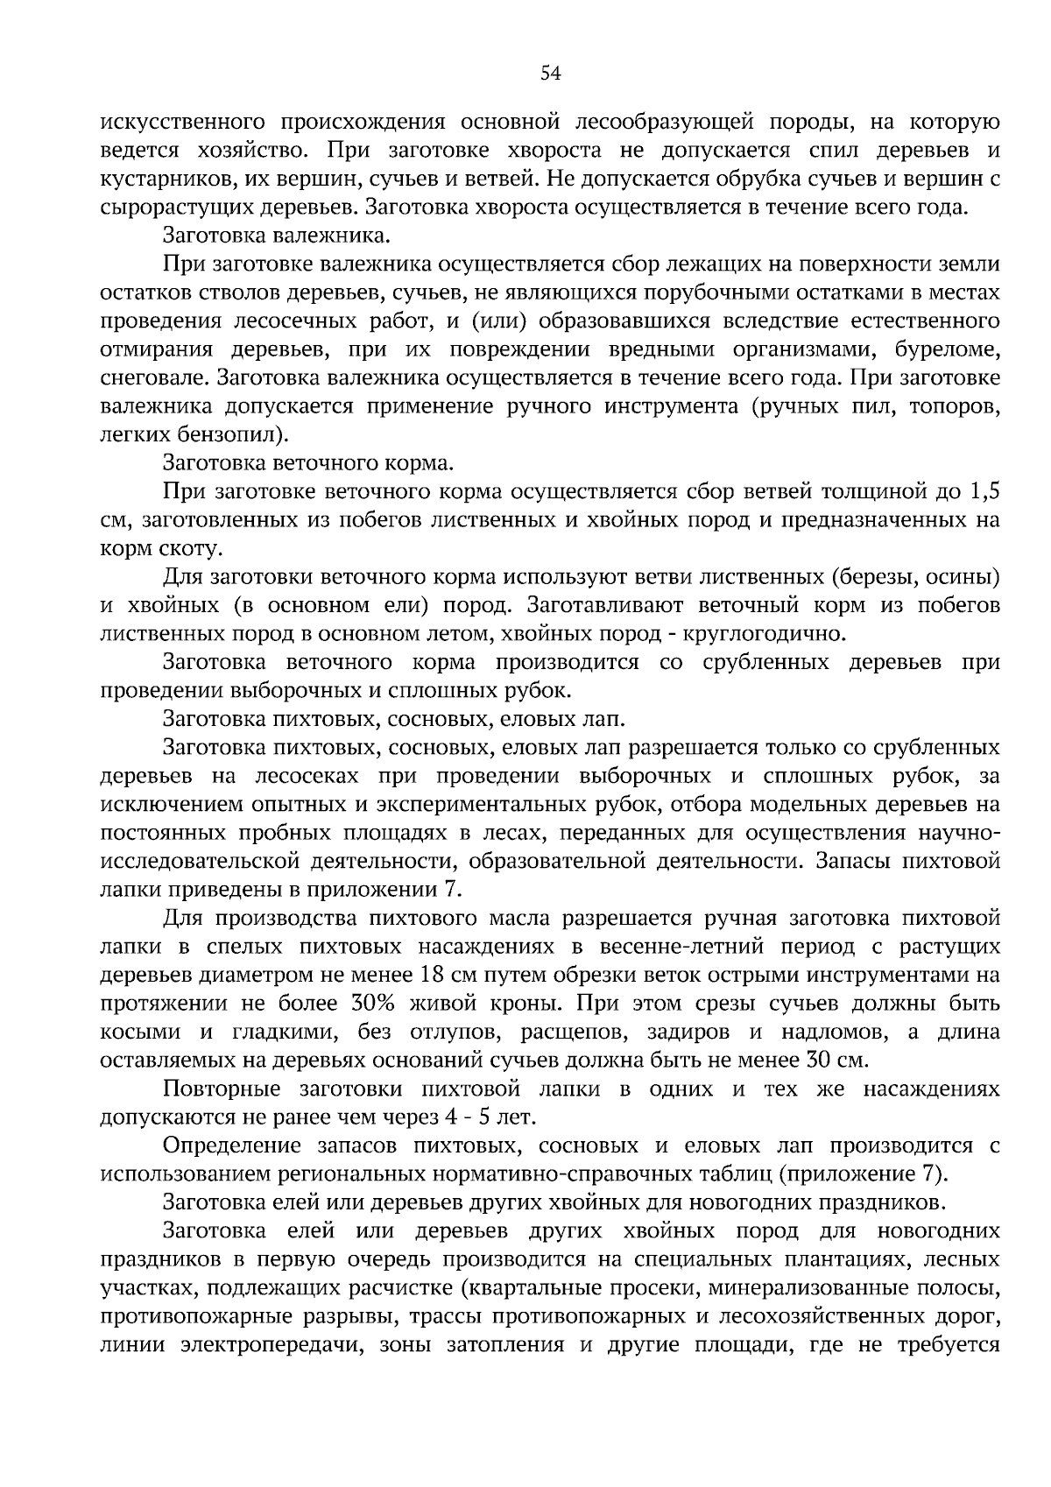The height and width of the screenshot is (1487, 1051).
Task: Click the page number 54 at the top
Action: click(x=550, y=74)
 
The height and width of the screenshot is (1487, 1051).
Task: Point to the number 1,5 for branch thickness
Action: click(x=982, y=491)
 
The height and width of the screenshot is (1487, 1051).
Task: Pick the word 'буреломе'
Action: click(x=948, y=349)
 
